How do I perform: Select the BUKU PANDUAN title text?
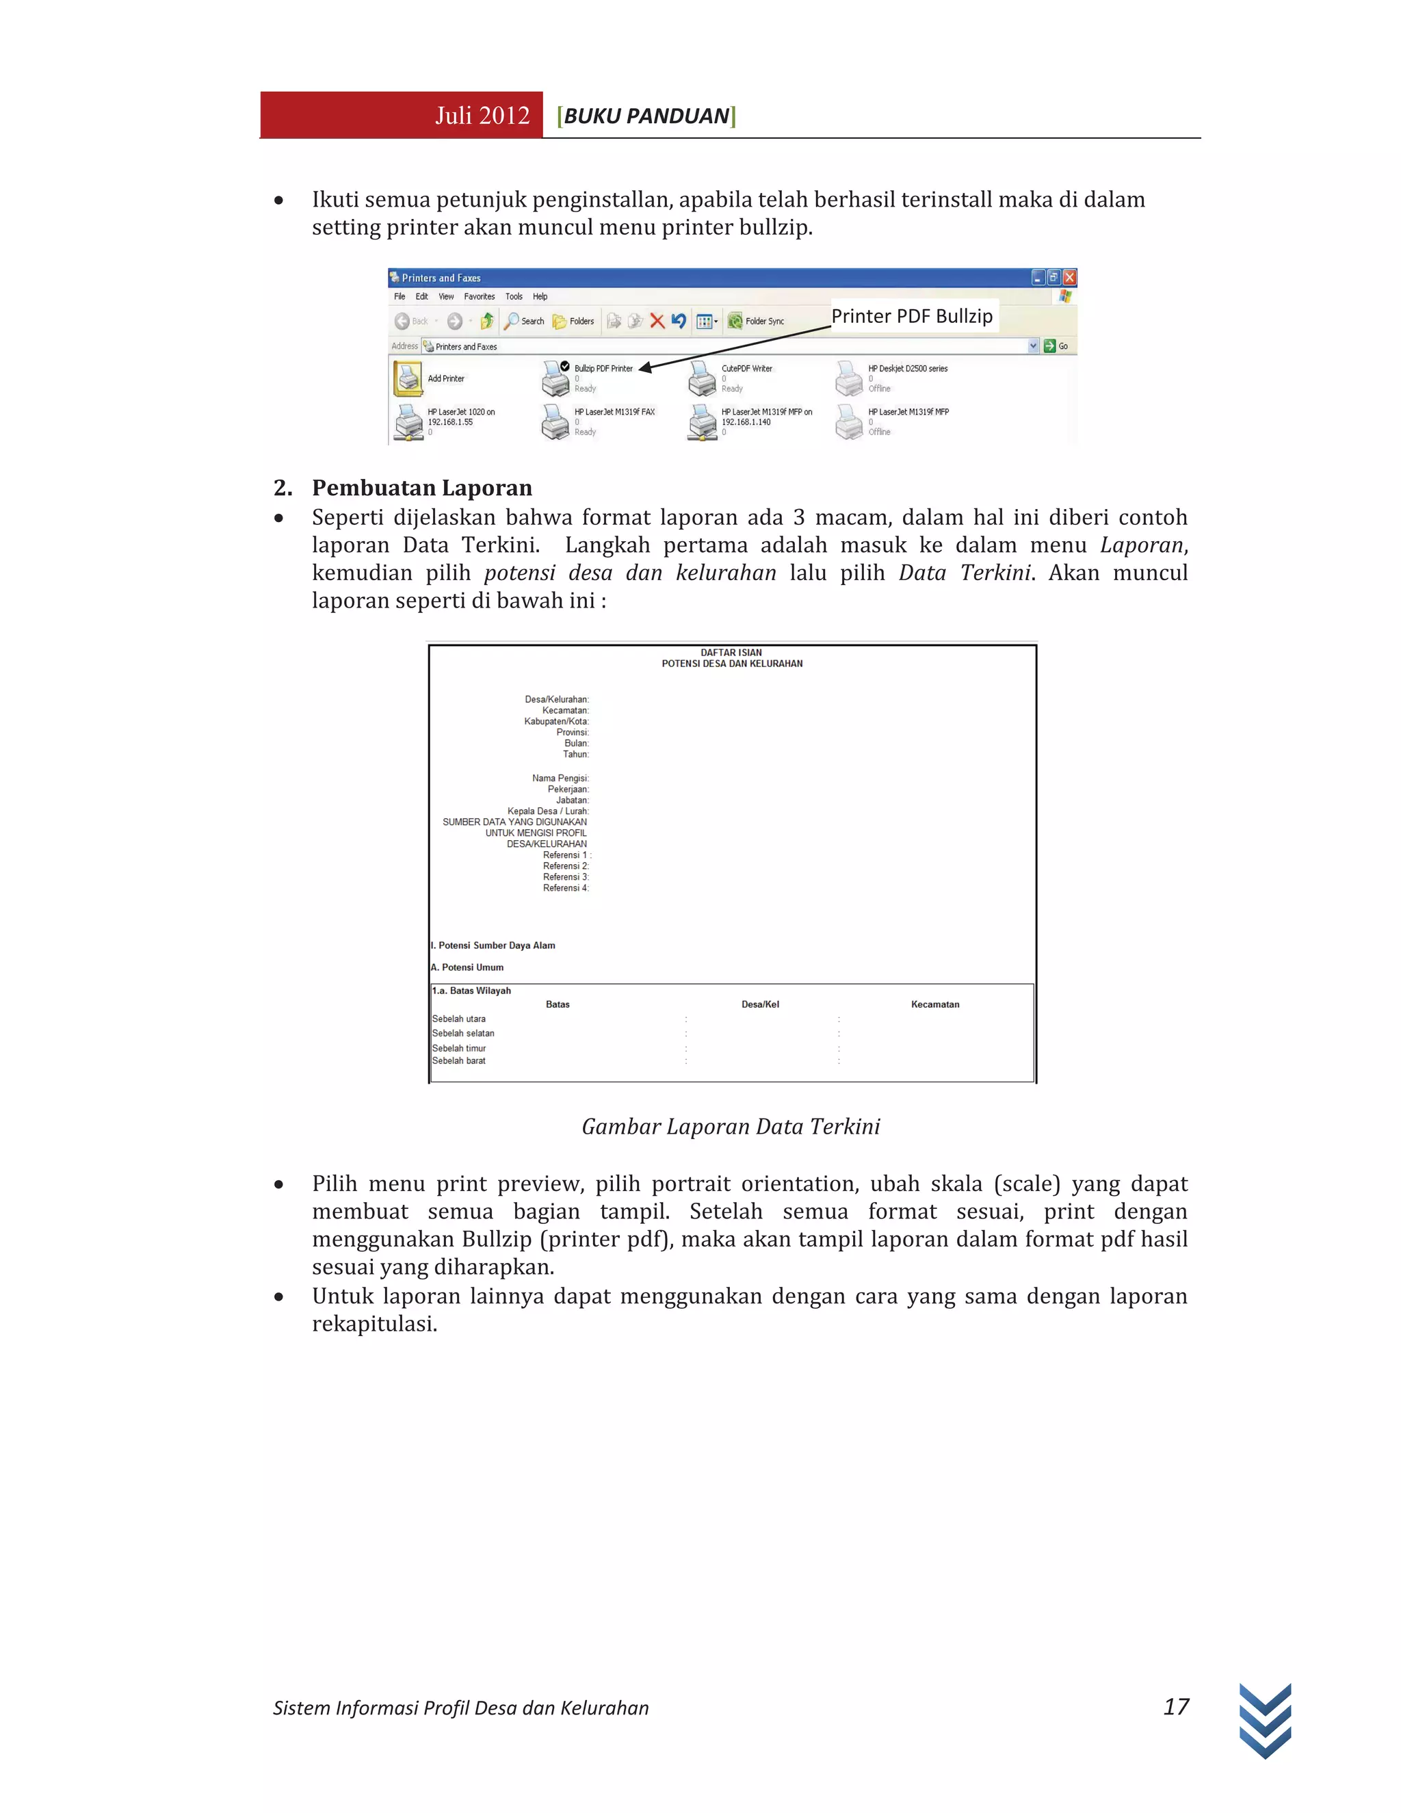pos(646,116)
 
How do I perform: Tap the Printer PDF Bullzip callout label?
pos(911,316)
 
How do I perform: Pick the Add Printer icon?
pos(408,378)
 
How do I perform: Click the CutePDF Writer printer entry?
pos(746,369)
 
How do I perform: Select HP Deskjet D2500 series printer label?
pos(907,369)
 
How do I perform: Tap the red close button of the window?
pos(1070,277)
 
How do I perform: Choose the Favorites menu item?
pos(479,296)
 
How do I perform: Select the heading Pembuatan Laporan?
pos(421,487)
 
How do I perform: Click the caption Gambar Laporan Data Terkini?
pos(731,1127)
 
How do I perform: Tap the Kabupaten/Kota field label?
pos(556,721)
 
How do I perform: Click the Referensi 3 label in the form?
pos(565,876)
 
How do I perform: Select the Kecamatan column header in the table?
pos(934,1004)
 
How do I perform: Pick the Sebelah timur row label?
pos(459,1047)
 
